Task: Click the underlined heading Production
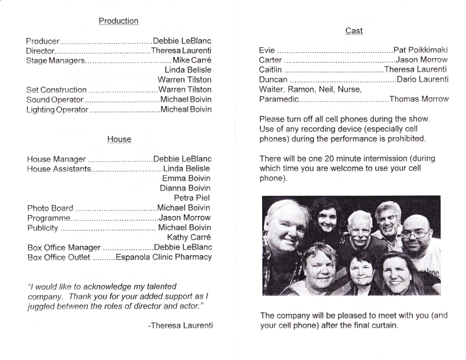[118, 21]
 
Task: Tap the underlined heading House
[119, 139]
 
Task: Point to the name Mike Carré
[192, 61]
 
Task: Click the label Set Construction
[57, 90]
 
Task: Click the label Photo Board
[50, 208]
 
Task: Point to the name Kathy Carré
[189, 237]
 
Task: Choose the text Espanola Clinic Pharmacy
[163, 257]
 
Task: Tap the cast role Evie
[267, 50]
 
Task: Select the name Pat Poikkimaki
[421, 50]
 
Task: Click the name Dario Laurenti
[421, 80]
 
